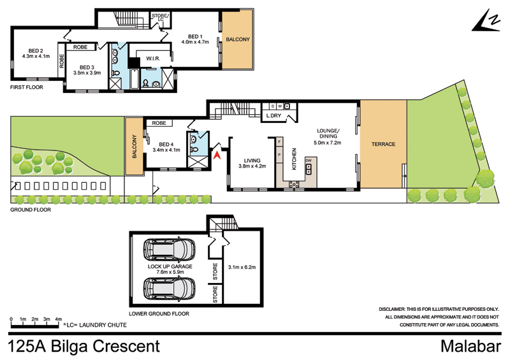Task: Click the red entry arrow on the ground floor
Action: tap(217, 154)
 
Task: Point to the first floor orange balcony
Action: tap(238, 40)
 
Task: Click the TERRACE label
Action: tap(382, 144)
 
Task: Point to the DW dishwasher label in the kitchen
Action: tap(308, 160)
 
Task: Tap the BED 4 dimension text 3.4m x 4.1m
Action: tap(166, 151)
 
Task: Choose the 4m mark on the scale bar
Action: tap(58, 319)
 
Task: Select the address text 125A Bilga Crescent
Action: tap(83, 347)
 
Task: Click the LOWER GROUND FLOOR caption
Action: tap(159, 314)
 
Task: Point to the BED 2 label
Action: tap(36, 50)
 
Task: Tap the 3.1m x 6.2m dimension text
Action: tap(242, 267)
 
